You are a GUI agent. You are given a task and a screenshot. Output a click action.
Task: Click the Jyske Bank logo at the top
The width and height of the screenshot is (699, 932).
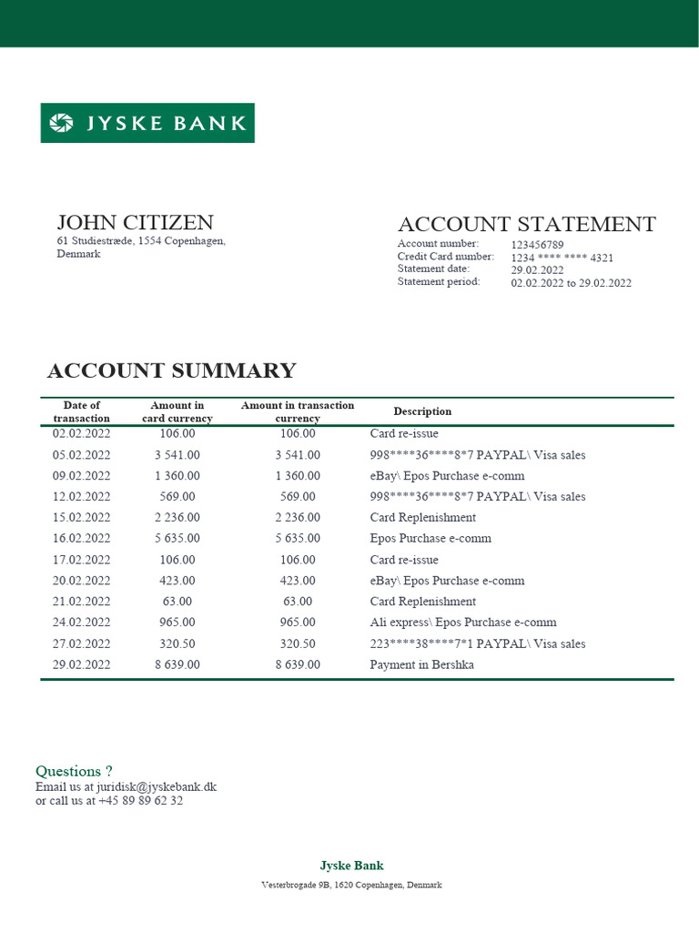[x=147, y=123]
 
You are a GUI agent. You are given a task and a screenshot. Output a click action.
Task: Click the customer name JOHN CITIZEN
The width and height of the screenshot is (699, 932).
[x=135, y=223]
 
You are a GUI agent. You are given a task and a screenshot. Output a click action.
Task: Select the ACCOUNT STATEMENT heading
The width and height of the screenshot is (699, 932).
[x=526, y=225]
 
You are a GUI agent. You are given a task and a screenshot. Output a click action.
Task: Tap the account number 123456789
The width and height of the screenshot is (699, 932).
[x=537, y=245]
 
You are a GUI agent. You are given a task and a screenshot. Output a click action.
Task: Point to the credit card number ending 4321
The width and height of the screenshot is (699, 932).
[x=562, y=258]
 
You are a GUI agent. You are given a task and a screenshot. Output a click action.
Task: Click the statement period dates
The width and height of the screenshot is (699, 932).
[x=571, y=283]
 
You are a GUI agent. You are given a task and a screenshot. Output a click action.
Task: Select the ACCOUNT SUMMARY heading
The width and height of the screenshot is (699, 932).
[x=171, y=371]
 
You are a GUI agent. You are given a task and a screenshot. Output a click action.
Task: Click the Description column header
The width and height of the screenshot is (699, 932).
[x=422, y=411]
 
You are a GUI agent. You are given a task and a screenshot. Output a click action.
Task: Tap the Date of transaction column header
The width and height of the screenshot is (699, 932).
[x=82, y=411]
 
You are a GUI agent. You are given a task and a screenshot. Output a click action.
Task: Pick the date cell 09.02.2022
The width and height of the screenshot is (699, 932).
[x=82, y=476]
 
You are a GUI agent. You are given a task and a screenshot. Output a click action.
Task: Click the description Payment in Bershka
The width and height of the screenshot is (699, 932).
[x=421, y=665]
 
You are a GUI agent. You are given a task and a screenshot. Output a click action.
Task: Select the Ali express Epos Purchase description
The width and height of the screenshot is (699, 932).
[x=462, y=623]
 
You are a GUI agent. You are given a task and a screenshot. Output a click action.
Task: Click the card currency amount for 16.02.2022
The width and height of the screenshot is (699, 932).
[x=177, y=539]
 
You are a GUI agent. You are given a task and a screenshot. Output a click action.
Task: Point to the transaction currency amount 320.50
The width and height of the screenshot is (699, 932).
[x=298, y=644]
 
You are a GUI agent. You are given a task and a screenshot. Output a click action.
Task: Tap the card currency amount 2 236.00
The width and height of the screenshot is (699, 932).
[x=177, y=518]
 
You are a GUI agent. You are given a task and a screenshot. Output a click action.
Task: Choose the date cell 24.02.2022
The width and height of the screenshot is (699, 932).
[x=82, y=623]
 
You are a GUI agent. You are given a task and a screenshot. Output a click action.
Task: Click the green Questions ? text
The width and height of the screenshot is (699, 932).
[x=74, y=772]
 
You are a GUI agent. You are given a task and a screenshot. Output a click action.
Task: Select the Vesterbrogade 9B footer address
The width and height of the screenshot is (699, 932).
[x=351, y=885]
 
